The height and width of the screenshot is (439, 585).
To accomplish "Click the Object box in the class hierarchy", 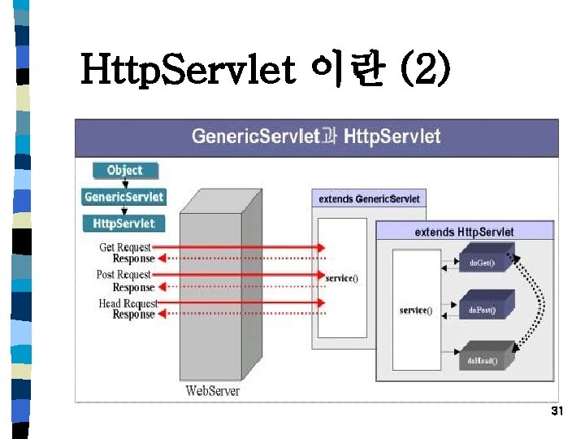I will [123, 171].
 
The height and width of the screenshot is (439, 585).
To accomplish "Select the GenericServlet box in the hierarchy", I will [123, 197].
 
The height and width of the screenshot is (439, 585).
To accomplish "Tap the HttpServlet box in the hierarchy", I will [123, 223].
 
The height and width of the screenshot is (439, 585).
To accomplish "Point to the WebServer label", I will [214, 391].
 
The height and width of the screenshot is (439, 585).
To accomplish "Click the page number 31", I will [557, 411].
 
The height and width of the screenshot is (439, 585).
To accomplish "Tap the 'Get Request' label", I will [125, 247].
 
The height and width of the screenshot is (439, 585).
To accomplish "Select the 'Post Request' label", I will [123, 275].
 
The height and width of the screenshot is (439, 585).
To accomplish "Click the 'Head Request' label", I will [126, 303].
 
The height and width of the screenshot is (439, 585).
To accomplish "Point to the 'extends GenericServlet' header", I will [369, 198].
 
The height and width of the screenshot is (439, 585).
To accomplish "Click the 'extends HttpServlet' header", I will [464, 232].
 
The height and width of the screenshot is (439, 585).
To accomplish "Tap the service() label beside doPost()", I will [415, 310].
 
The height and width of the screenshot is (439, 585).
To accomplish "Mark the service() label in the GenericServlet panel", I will [341, 278].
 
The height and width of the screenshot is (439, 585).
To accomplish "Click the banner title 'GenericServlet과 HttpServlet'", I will [316, 136].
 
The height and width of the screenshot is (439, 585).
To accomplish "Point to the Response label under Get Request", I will [133, 259].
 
